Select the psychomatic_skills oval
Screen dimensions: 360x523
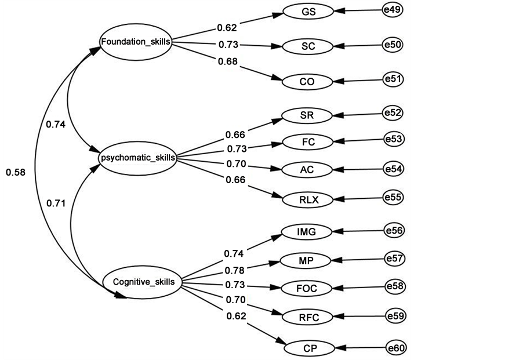pyautogui.click(x=137, y=157)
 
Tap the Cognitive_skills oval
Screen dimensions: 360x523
pyautogui.click(x=143, y=282)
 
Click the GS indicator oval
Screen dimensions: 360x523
pyautogui.click(x=308, y=11)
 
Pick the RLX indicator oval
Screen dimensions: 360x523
pyautogui.click(x=308, y=200)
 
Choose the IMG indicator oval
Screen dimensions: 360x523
pyautogui.click(x=306, y=232)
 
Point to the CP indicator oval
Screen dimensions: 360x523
pyautogui.click(x=310, y=348)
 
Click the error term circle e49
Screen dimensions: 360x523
pyautogui.click(x=393, y=10)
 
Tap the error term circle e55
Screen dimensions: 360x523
pyautogui.click(x=394, y=198)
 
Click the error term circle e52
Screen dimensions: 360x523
pyautogui.click(x=393, y=113)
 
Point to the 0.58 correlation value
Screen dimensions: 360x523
pyautogui.click(x=16, y=172)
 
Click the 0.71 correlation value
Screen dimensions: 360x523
pyautogui.click(x=56, y=203)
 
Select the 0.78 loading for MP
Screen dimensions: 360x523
pyautogui.click(x=234, y=270)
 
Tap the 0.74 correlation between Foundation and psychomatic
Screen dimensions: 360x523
pyautogui.click(x=56, y=124)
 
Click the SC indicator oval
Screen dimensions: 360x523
pyautogui.click(x=308, y=46)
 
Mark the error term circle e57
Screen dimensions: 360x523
pyautogui.click(x=395, y=258)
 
